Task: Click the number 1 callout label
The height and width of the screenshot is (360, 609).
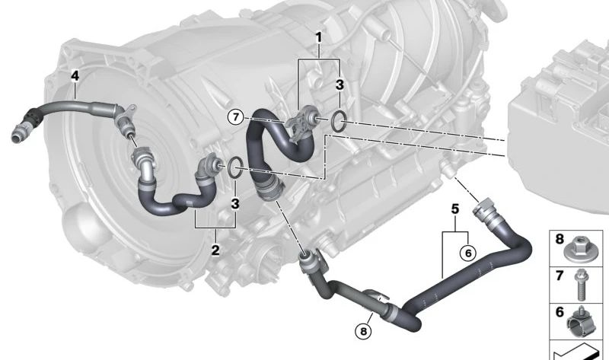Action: tap(319, 38)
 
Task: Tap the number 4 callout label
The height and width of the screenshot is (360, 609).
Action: tap(75, 75)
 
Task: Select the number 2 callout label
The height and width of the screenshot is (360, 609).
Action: tap(215, 250)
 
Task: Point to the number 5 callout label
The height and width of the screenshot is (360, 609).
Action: tap(455, 209)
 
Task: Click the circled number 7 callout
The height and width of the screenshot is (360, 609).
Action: tap(236, 117)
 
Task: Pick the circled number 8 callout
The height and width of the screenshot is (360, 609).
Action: tap(363, 331)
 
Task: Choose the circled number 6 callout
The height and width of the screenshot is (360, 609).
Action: tap(467, 253)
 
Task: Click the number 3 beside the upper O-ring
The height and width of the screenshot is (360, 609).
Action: tap(340, 84)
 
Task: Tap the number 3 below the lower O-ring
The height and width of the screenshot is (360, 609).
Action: tap(235, 203)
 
